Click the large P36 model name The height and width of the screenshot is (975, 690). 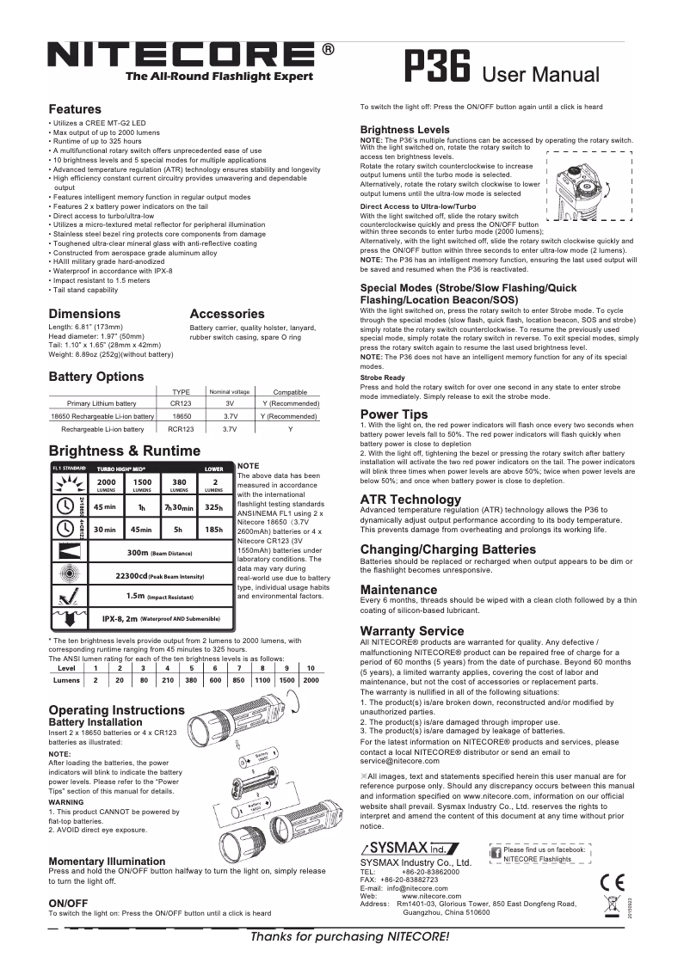tap(436, 68)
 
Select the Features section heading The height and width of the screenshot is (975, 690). tap(75, 110)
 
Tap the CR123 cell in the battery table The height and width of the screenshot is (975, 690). tap(181, 402)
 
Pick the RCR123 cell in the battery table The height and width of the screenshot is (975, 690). tap(181, 428)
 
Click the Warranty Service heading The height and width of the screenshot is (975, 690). tap(412, 631)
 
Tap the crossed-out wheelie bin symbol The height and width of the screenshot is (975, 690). tap(613, 907)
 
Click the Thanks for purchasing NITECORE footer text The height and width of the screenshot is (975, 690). tap(348, 935)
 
